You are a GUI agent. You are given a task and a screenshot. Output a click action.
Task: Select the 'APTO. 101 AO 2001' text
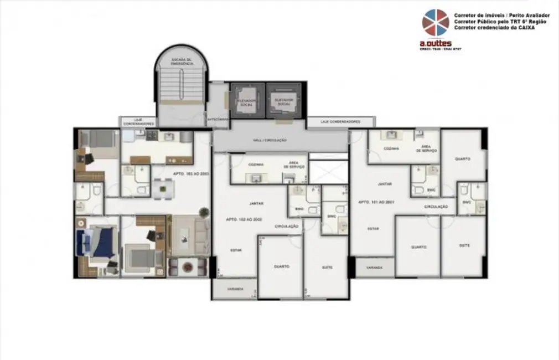(375, 202)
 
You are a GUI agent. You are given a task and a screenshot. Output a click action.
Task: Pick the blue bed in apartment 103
(97, 243)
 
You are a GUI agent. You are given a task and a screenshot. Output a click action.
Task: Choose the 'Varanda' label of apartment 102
(235, 289)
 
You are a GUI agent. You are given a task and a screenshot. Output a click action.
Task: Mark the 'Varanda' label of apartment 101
(374, 267)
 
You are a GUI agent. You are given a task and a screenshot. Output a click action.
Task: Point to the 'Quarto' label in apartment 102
(281, 266)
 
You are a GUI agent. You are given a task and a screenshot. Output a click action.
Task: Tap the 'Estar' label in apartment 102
(236, 250)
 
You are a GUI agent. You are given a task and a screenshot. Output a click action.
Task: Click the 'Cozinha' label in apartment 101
(392, 148)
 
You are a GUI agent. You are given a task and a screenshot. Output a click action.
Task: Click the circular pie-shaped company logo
(436, 23)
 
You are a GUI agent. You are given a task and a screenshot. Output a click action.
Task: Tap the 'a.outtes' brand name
(435, 43)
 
